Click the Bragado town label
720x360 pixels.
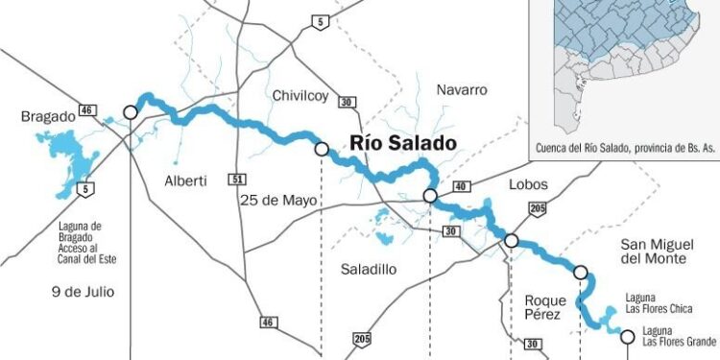coord(48,116)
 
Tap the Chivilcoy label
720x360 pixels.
coord(300,95)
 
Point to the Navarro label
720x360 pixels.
coord(462,89)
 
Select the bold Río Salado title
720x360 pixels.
coord(403,142)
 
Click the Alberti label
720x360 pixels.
coord(185,180)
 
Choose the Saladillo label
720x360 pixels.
coord(368,270)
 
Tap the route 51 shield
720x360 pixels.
coord(236,179)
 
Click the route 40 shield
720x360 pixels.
coord(460,186)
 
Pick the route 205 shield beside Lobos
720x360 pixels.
coord(538,209)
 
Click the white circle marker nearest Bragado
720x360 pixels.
coord(131,112)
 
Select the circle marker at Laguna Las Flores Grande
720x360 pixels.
coord(627,336)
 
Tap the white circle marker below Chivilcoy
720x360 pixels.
coord(322,149)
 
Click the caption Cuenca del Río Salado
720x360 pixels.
coord(622,151)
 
